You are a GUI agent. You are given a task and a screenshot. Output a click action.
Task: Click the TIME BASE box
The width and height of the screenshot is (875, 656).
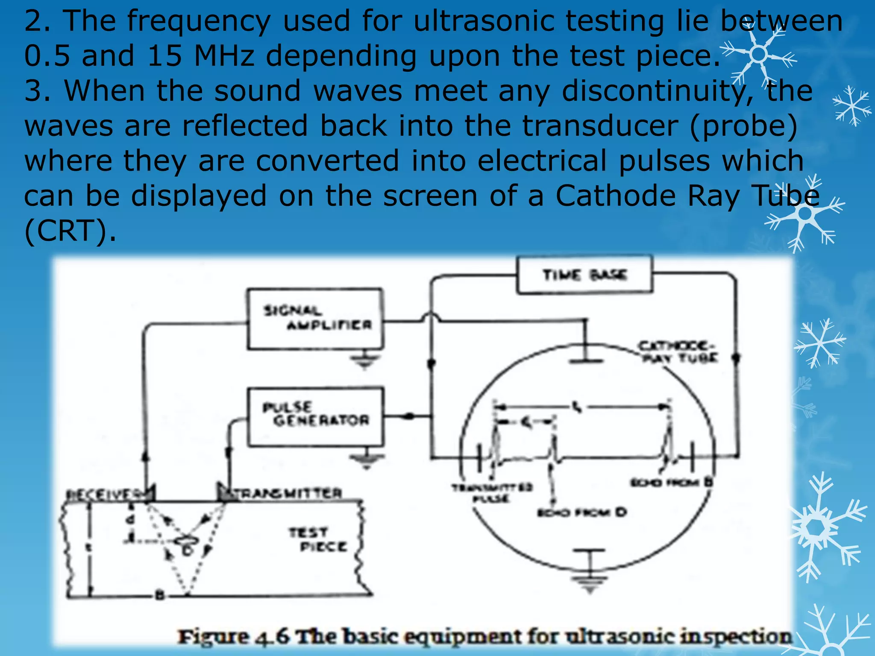point(584,275)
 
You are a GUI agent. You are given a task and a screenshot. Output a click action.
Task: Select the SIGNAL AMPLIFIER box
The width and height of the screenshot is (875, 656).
point(315,319)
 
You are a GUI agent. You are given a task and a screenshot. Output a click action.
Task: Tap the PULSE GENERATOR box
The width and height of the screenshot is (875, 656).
point(316,417)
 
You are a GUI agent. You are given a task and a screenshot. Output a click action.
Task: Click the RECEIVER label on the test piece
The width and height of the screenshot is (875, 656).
point(107,495)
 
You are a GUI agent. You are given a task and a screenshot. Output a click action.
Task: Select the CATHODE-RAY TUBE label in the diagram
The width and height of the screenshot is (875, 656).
point(678,351)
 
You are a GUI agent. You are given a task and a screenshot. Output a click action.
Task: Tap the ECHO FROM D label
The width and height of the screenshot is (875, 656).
point(581,512)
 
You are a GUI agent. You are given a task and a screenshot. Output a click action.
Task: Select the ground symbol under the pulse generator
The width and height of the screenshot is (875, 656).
point(366,460)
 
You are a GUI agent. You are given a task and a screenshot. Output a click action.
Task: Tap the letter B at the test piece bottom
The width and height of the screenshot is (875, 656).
point(159,594)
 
